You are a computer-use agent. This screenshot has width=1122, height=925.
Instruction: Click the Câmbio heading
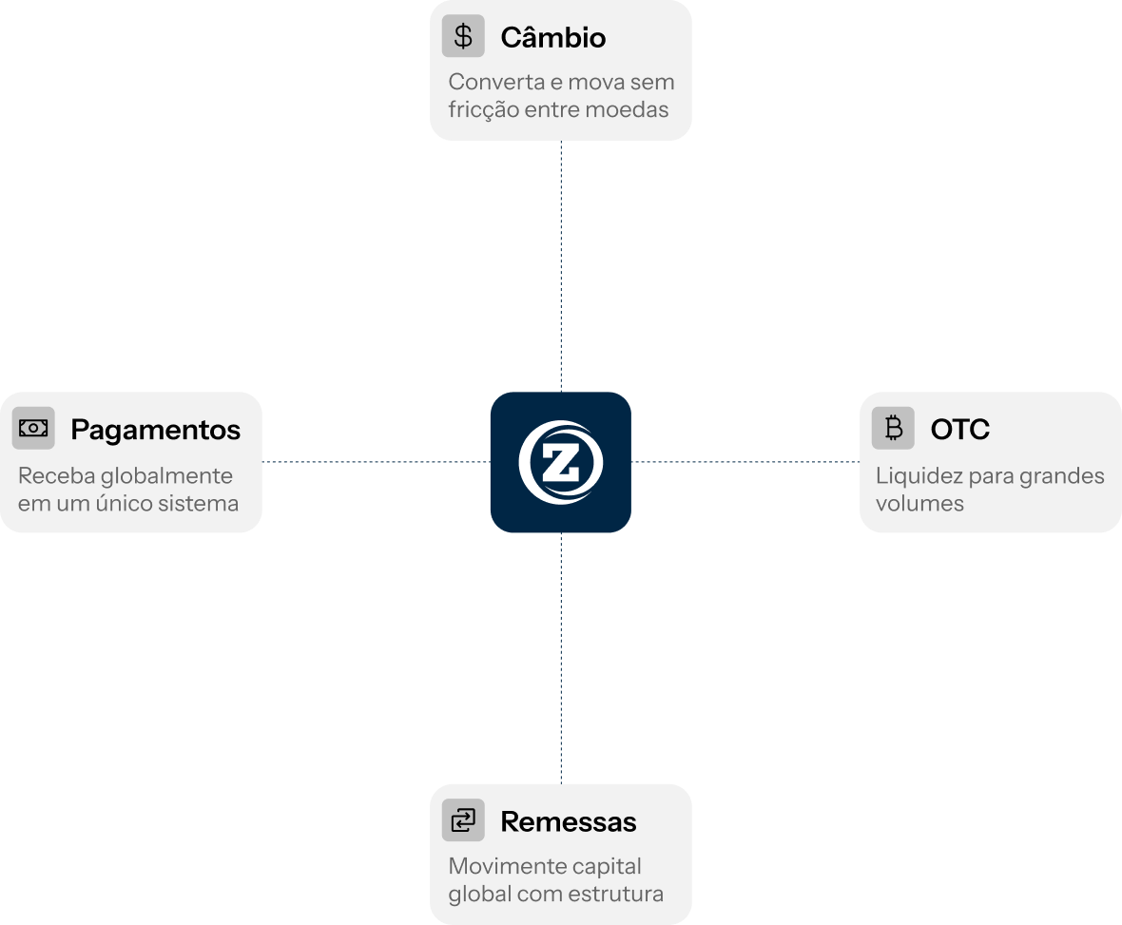[x=552, y=37]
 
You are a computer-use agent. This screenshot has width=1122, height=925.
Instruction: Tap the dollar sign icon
[x=463, y=36]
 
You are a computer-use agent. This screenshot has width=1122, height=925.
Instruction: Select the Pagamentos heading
[x=155, y=430]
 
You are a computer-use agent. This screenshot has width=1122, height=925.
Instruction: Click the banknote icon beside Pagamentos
[x=33, y=429]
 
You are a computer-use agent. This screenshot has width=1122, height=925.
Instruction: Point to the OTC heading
[x=959, y=430]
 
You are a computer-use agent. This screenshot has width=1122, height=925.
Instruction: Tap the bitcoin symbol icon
[x=893, y=429]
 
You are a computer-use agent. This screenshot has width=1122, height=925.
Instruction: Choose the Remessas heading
[x=568, y=821]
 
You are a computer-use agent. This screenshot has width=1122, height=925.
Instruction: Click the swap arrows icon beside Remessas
[x=463, y=820]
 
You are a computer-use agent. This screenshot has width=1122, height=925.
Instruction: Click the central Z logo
[x=560, y=462]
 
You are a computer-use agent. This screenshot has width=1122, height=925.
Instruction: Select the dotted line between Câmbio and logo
[x=561, y=266]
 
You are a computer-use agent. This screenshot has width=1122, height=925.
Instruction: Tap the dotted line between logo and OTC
[x=745, y=462]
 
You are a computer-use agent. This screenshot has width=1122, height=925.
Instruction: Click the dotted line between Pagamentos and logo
[x=376, y=462]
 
